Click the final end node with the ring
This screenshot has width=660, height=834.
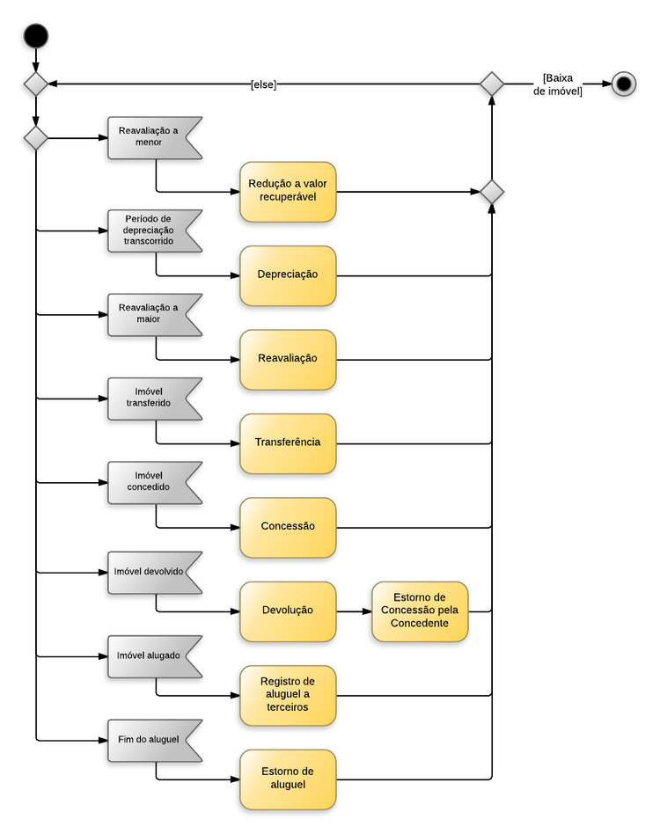pos(624,84)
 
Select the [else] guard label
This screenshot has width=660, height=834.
pos(263,84)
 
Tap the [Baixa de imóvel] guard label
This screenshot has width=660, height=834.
pos(558,84)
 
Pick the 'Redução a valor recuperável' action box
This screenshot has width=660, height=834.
pos(288,192)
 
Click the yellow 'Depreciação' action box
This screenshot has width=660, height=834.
pos(288,275)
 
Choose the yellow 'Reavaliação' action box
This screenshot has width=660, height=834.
pos(288,359)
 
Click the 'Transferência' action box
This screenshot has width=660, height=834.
pos(288,443)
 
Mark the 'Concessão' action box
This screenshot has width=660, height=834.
pos(288,527)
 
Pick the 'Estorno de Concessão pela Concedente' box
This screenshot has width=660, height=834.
pos(420,611)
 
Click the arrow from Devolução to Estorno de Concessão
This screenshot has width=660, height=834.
pos(354,611)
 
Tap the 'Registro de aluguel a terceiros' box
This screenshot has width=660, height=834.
pos(288,695)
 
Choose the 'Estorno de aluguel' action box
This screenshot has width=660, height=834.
pos(288,779)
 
